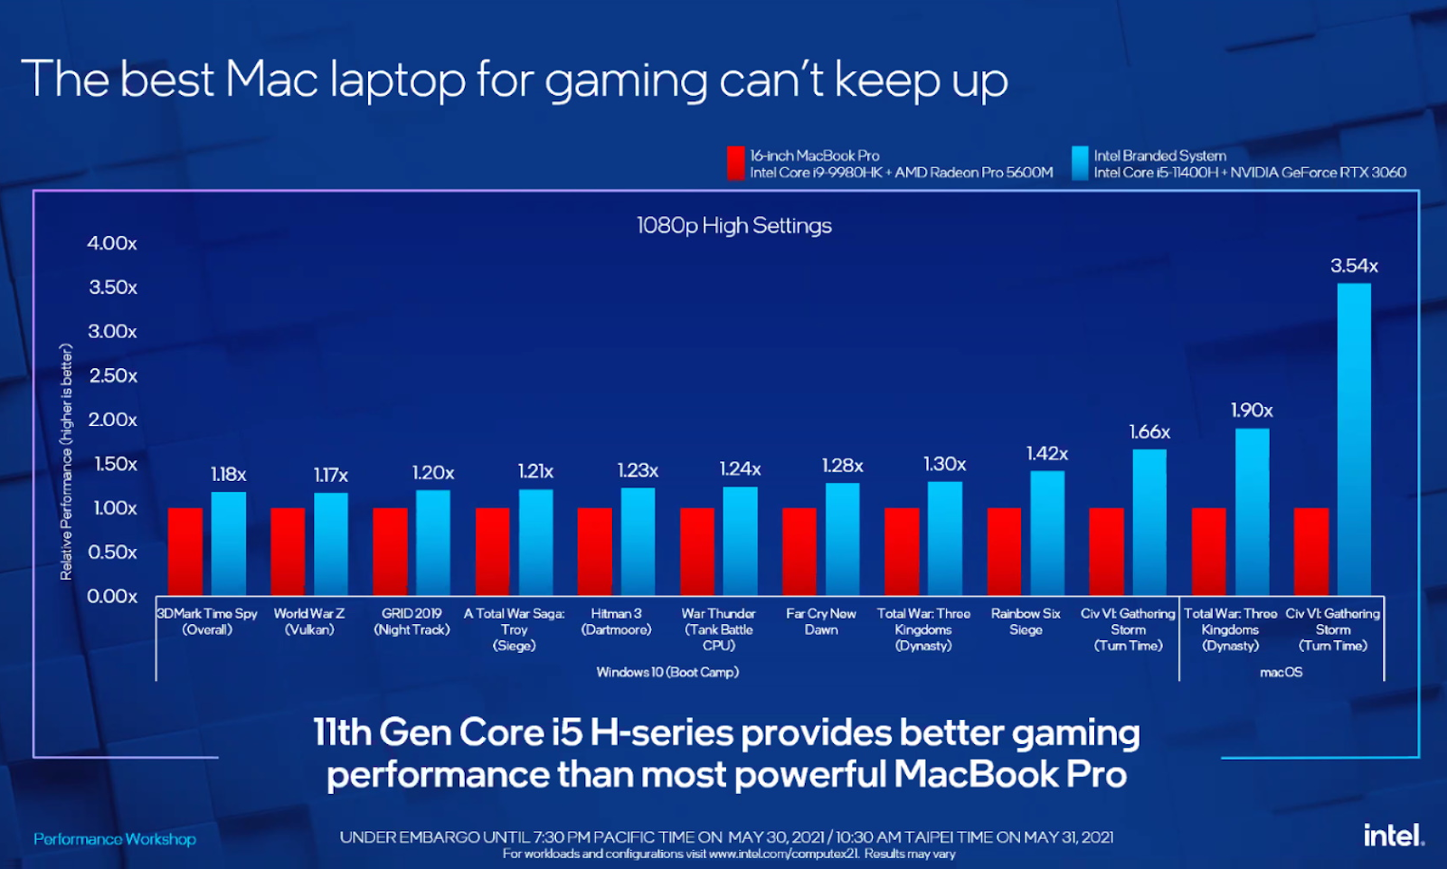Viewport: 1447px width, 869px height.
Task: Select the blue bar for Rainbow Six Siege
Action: (1046, 534)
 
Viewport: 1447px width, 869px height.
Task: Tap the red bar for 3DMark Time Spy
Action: (185, 552)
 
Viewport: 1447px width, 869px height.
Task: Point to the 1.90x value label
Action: (1252, 411)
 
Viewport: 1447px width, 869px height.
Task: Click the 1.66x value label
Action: (1149, 432)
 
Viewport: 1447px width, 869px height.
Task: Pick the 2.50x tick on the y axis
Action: (113, 375)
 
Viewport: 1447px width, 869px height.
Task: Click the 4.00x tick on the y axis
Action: (112, 243)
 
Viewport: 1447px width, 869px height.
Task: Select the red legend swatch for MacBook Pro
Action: (735, 164)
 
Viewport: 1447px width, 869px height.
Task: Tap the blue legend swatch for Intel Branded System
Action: (1080, 164)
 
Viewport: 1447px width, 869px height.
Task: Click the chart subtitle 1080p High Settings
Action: (733, 225)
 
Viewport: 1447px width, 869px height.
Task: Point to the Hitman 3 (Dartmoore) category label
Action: (616, 621)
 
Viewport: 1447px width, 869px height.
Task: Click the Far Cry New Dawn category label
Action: (820, 621)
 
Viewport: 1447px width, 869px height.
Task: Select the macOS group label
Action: (1281, 672)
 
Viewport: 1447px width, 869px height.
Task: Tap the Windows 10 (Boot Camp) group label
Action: (667, 672)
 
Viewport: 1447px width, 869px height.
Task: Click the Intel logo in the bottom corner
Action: (1393, 835)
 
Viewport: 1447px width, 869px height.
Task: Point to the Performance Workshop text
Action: (115, 839)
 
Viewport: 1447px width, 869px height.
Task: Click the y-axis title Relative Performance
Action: (66, 461)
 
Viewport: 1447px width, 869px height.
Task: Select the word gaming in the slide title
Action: (626, 81)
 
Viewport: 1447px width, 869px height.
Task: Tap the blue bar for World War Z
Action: (330, 543)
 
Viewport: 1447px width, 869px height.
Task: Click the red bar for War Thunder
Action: (697, 552)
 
